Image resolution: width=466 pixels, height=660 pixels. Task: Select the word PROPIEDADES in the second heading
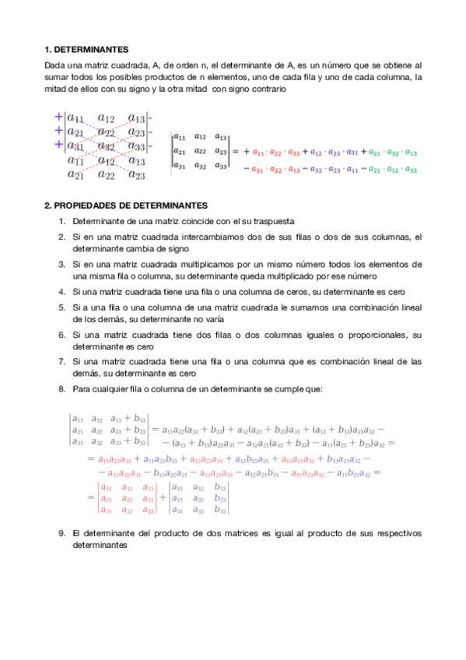[x=87, y=205]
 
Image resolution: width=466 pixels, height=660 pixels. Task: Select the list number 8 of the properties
[x=61, y=388]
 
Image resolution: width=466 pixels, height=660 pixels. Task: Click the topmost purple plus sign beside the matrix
[x=58, y=117]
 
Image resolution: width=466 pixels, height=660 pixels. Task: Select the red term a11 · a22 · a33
[x=275, y=153]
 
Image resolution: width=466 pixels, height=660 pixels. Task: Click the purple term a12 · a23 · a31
[x=335, y=153]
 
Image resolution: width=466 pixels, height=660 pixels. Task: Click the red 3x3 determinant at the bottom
[x=127, y=499]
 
